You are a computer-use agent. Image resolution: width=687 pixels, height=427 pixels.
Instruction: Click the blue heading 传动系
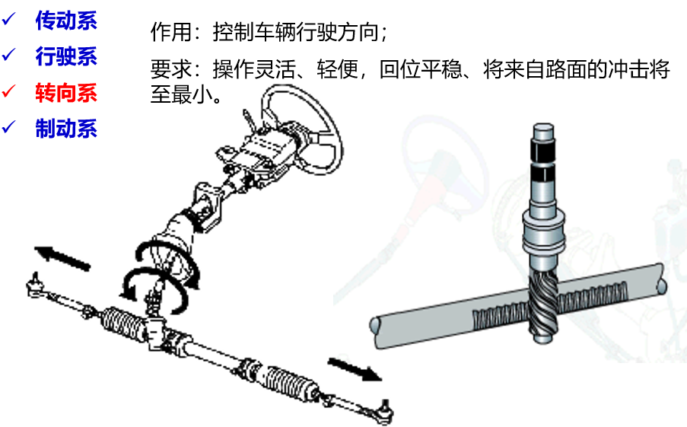66,20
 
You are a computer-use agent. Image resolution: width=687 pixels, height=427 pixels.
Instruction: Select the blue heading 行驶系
66,56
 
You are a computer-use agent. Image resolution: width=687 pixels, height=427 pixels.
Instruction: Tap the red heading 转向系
66,93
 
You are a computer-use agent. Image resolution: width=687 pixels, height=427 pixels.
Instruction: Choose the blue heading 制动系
66,129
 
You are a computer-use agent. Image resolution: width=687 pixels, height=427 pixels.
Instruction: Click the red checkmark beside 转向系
9,91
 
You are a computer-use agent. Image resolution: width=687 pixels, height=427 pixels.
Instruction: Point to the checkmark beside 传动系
9,19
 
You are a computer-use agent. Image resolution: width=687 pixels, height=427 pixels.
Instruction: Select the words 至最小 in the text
181,94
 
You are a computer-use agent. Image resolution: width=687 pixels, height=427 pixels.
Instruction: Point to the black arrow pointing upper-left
62,258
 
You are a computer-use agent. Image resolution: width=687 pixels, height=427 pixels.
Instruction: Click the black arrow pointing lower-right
355,369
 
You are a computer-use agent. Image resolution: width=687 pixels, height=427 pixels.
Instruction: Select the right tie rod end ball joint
385,410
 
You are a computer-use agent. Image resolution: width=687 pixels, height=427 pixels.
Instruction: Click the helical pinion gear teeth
543,301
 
